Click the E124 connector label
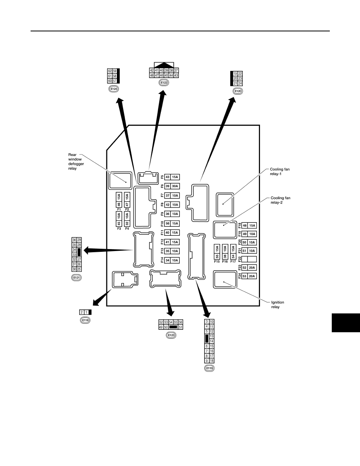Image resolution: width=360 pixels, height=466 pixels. [x=113, y=89]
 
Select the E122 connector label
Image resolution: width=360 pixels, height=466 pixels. [x=164, y=83]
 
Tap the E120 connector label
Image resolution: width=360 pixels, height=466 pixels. [x=238, y=91]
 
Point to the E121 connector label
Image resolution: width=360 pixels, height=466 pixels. [x=76, y=278]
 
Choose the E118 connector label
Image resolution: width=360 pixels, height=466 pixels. [x=85, y=320]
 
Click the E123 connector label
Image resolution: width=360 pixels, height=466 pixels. [x=171, y=335]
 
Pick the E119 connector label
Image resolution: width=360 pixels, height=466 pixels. [x=209, y=368]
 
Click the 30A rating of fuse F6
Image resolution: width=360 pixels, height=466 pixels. [x=175, y=186]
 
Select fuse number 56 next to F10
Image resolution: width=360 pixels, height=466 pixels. [x=167, y=224]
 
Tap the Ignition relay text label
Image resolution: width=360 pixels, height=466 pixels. [x=277, y=305]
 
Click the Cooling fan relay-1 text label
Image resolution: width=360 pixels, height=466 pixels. [x=280, y=171]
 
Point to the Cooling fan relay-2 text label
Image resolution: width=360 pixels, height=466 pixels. [x=280, y=200]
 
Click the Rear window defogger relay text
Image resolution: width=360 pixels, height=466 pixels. [x=76, y=161]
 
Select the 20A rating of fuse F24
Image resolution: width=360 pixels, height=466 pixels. [x=252, y=276]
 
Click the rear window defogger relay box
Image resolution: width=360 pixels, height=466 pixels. [x=120, y=180]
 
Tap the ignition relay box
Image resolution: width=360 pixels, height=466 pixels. [x=225, y=279]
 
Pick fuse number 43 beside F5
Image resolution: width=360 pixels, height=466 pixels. [x=167, y=177]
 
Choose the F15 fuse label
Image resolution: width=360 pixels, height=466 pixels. [x=217, y=262]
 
